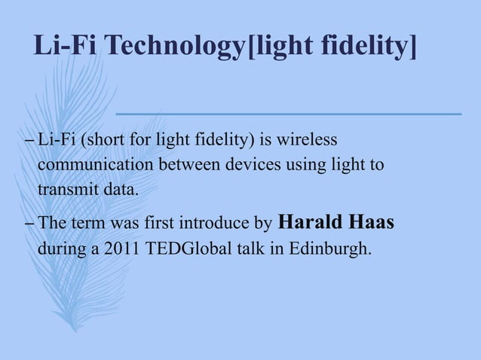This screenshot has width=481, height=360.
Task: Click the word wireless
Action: [x=310, y=140]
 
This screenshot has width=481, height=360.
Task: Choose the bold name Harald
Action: [x=310, y=223]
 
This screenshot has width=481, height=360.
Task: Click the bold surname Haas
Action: [x=371, y=223]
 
